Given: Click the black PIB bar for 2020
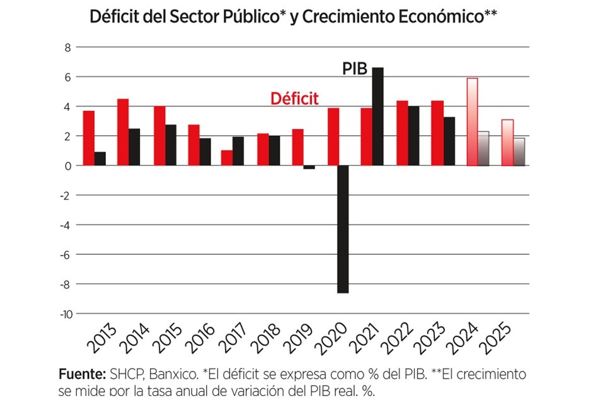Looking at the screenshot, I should (x=343, y=229).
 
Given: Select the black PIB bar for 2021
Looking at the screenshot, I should (x=377, y=116).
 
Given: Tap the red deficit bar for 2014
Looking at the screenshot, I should (x=123, y=132).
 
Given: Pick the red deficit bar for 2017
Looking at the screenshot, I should (x=227, y=157).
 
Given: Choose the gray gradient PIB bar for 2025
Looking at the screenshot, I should (x=518, y=152).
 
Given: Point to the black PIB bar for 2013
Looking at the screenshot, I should (x=100, y=159).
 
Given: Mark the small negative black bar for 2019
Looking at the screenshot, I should (x=308, y=167).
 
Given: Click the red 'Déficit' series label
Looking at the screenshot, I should (x=294, y=99).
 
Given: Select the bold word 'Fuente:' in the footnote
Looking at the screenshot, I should (x=81, y=374).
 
